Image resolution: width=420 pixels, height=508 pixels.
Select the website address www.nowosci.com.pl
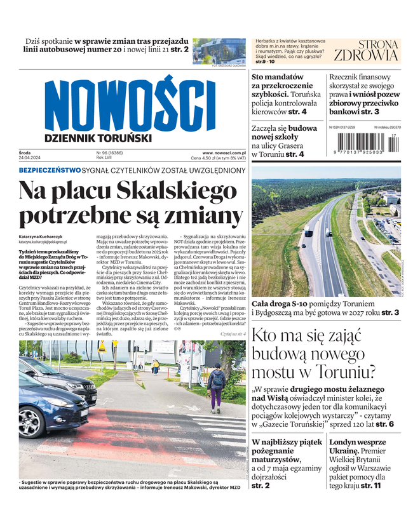click(x=224, y=153)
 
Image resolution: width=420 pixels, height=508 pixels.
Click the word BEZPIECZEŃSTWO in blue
click(x=50, y=170)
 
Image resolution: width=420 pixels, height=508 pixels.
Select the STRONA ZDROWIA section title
click(x=370, y=50)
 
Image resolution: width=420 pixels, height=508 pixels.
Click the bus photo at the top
click(x=219, y=50)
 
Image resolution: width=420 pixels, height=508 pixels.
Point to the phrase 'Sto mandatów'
click(x=278, y=77)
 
